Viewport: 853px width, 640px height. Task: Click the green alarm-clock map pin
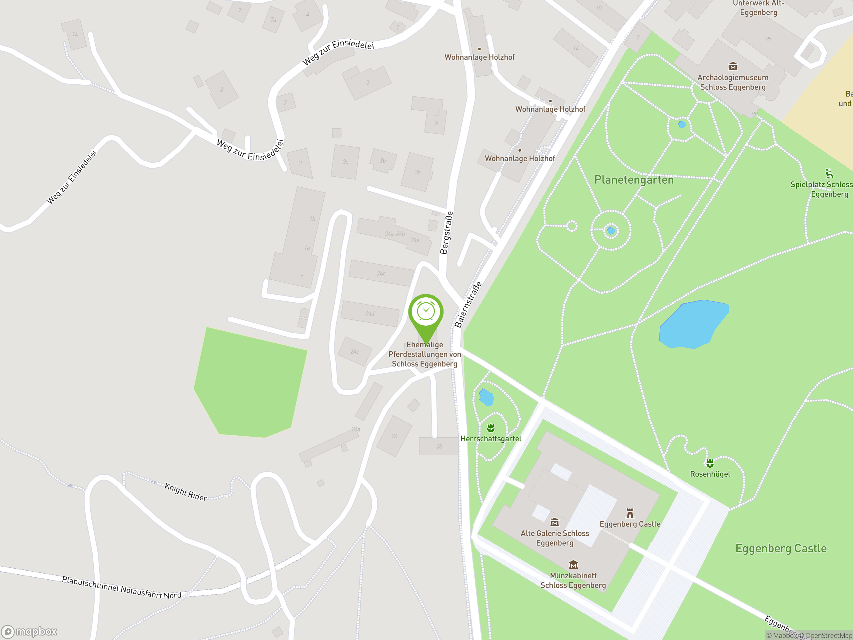[x=426, y=312]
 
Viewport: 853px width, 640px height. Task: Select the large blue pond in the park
[x=693, y=324]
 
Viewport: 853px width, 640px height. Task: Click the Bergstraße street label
[x=446, y=233]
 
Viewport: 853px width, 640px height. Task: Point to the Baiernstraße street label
[x=468, y=305]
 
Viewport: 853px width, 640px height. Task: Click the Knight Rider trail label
[x=186, y=491]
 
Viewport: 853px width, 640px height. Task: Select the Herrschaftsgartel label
[x=490, y=439]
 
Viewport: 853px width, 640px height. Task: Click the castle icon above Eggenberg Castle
[x=630, y=513]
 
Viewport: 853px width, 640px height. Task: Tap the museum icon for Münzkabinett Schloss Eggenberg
[x=573, y=565]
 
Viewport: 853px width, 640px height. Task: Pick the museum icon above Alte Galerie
[x=554, y=522]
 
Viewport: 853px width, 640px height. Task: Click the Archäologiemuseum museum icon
[x=733, y=66]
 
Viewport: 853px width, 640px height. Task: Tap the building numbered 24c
[x=381, y=273]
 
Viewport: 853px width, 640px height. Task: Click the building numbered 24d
[x=370, y=314]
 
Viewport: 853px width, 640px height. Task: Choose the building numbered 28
[x=439, y=446]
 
